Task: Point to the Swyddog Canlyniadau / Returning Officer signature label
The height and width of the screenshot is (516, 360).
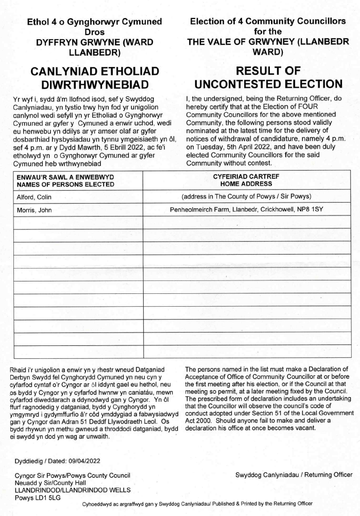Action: (x=294, y=474)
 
